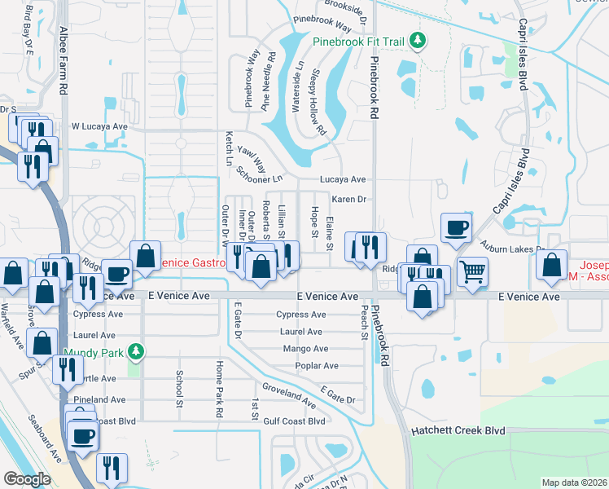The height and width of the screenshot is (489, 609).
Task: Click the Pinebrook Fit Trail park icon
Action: click(417, 41)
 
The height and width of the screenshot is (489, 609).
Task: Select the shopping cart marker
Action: click(471, 271)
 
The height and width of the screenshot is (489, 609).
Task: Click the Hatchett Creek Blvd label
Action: click(458, 430)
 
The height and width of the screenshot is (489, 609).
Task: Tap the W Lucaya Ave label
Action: click(99, 127)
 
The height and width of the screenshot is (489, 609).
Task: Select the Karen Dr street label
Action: click(350, 199)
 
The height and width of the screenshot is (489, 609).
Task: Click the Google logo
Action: click(28, 479)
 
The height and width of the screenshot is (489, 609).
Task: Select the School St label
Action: click(179, 388)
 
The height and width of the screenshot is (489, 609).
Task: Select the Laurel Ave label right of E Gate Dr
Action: click(301, 332)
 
